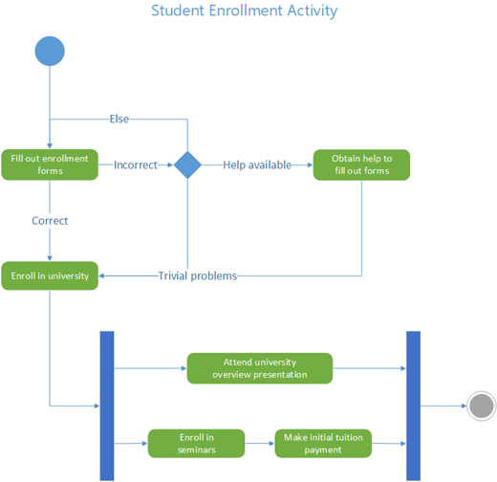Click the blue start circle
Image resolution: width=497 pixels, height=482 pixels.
[50, 51]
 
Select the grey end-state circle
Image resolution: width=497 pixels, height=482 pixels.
[482, 405]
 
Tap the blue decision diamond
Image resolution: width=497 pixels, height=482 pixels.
[187, 164]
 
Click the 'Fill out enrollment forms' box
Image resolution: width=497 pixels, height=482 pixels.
[50, 164]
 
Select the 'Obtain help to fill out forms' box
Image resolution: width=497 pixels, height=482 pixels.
[361, 164]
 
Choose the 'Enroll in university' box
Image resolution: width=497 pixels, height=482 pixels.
[50, 275]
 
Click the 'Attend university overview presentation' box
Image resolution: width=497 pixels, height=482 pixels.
[259, 368]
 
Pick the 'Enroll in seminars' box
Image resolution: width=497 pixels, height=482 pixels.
[196, 443]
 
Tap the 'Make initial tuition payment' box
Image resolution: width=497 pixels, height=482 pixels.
[323, 443]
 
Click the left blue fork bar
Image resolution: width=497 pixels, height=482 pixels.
[107, 405]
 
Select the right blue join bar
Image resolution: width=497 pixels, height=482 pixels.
[414, 405]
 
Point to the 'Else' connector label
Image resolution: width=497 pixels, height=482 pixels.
[119, 120]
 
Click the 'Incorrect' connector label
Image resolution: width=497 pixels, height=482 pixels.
[136, 164]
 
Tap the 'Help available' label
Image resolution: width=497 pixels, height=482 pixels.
[257, 164]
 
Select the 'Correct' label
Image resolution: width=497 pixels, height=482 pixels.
[50, 220]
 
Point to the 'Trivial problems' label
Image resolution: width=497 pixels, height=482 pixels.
[197, 275]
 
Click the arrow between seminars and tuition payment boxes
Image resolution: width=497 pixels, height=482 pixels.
[260, 443]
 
